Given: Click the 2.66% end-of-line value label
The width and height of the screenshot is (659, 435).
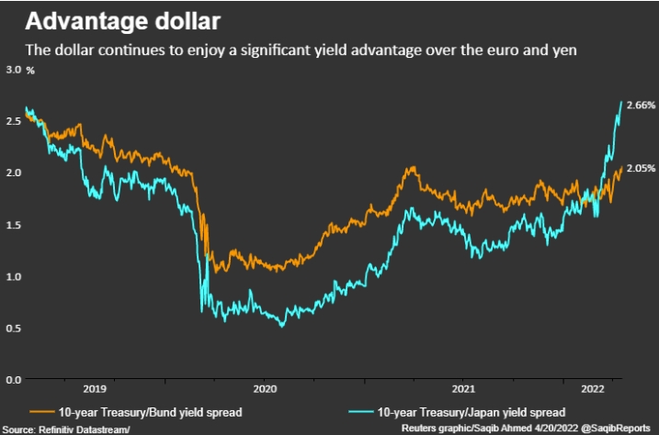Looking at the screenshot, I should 641,106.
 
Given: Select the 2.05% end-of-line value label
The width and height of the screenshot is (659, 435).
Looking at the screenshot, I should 641,168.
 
